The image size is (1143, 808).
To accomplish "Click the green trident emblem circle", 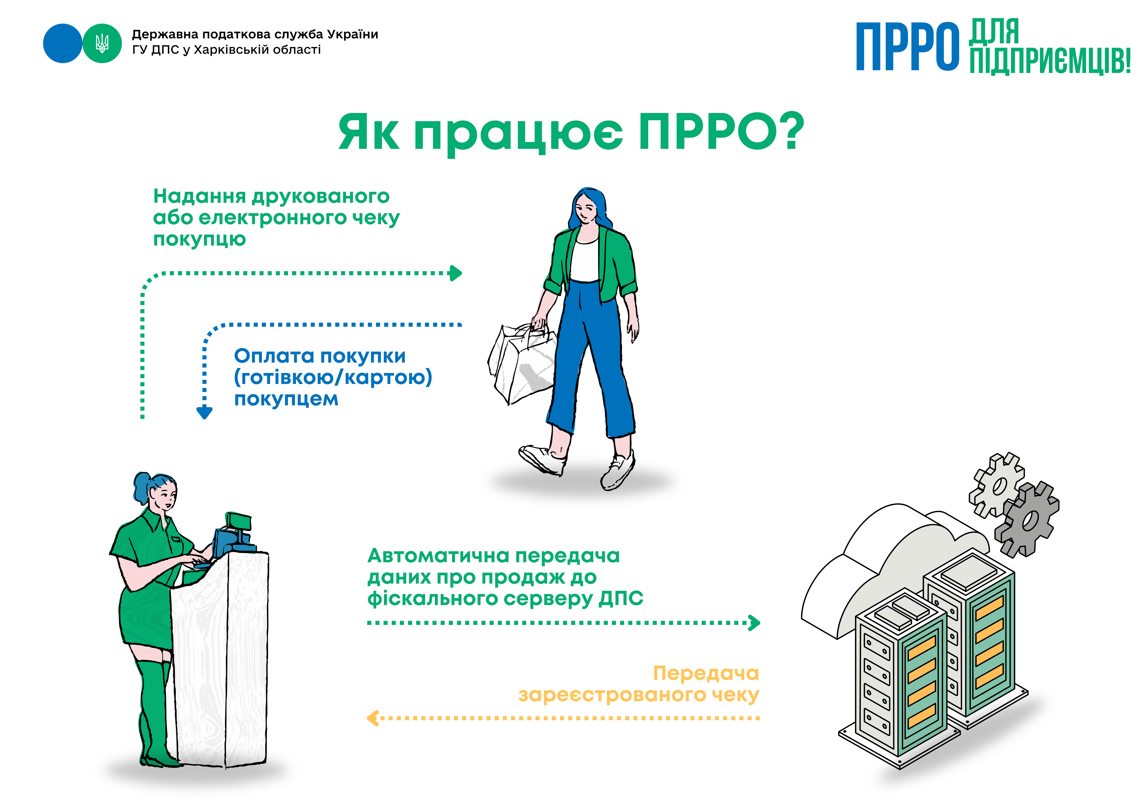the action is coord(102,43).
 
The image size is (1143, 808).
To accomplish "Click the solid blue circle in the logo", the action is coord(63,43).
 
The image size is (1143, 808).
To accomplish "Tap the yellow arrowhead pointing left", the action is coord(372,718).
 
